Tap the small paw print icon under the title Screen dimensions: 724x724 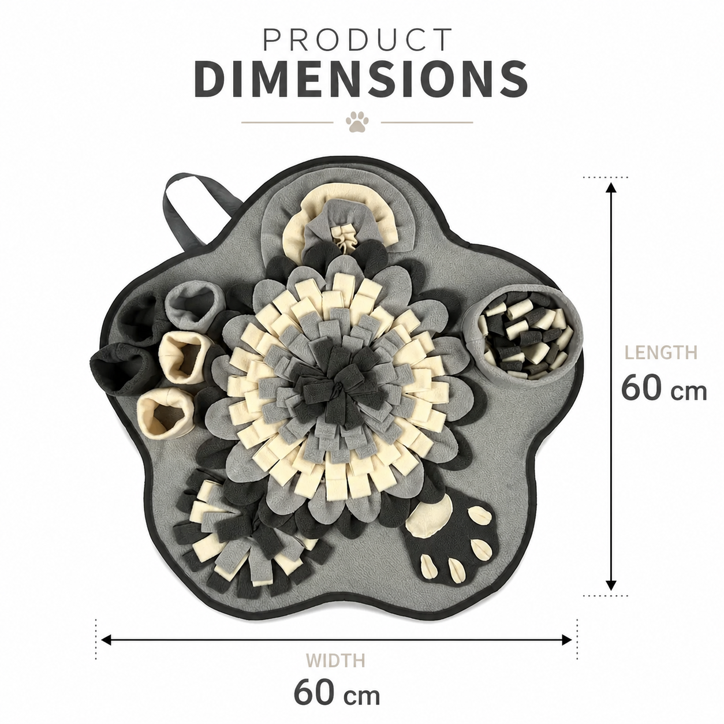pos(357,122)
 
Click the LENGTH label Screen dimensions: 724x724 pos(661,352)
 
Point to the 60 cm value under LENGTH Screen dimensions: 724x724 pos(664,388)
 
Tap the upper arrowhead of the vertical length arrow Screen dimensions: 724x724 pos(611,188)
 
